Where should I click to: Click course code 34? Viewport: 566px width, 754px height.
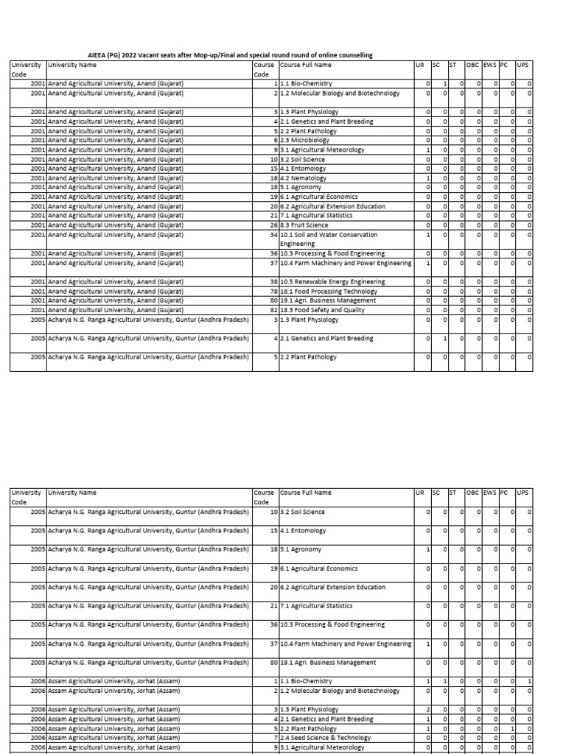[x=273, y=235]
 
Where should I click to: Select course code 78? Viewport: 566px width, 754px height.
[x=273, y=292]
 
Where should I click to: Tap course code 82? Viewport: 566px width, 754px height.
[x=273, y=310]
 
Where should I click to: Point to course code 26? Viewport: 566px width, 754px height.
[x=273, y=225]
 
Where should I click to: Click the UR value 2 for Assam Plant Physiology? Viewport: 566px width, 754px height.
[x=427, y=710]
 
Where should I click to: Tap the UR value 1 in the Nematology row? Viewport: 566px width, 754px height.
[x=427, y=178]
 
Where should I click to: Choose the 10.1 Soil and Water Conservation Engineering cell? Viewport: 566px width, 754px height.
[x=329, y=239]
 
